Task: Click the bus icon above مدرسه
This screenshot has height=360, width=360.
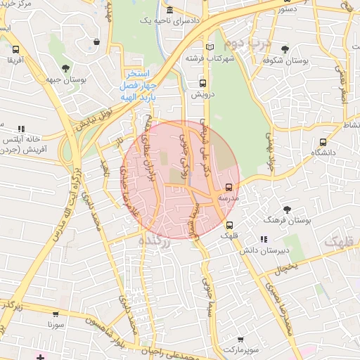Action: point(229,188)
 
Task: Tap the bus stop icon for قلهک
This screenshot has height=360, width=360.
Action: point(230,225)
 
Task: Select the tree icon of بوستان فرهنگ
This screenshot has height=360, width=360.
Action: point(287,210)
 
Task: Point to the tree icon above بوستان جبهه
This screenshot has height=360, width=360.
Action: point(65,69)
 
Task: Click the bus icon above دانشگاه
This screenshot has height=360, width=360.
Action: point(323,141)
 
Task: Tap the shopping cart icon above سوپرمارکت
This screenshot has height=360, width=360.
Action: point(240,338)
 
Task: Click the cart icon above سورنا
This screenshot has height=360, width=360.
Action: point(56,315)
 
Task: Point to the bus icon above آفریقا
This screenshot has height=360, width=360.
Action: point(15,50)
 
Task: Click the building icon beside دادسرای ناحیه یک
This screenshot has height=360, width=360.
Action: point(170,11)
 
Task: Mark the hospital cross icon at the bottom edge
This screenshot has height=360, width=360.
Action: point(40,356)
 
